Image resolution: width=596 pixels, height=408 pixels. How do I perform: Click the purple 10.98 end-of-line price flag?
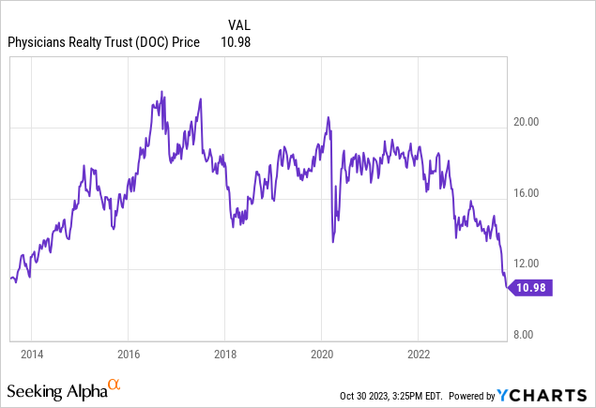(x=532, y=288)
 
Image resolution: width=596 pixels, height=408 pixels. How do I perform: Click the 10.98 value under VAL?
(x=235, y=41)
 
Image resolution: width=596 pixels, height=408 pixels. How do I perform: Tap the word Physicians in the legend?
(x=37, y=41)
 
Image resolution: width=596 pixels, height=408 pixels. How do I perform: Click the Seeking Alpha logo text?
(x=55, y=389)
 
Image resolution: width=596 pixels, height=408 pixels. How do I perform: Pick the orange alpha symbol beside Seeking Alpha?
(x=114, y=385)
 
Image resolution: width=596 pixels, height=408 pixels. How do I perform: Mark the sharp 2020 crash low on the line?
(x=333, y=241)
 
